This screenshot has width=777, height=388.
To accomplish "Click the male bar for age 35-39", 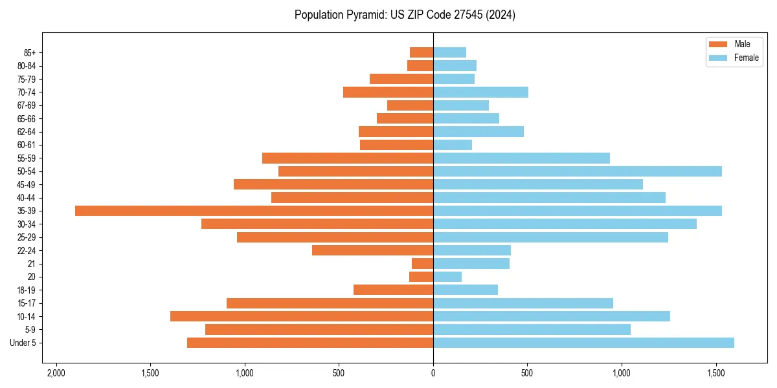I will (x=254, y=211).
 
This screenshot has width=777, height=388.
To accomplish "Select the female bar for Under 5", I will (x=583, y=343).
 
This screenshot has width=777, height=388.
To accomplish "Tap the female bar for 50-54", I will (x=577, y=171).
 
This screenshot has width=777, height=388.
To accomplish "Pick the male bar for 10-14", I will (x=302, y=316).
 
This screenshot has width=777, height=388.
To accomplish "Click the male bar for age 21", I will (x=422, y=264).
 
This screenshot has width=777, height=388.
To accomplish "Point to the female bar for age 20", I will (x=447, y=277).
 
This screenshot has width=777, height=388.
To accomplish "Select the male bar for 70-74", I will (x=388, y=92).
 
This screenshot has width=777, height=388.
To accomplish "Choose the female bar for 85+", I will (x=449, y=52).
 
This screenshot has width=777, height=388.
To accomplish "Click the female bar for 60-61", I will (x=453, y=145).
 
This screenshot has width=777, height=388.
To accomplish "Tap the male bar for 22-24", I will (x=372, y=250).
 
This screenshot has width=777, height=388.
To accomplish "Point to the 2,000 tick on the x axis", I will (x=56, y=373).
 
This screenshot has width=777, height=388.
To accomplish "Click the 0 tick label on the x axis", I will (x=433, y=373).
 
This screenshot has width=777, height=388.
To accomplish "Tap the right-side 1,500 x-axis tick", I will (x=715, y=373).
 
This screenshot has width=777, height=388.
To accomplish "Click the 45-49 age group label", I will (x=27, y=184).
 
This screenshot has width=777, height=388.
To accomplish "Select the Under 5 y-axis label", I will (x=23, y=343).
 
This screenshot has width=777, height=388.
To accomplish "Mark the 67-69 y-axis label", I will (x=27, y=105).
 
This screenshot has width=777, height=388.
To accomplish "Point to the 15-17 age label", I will (x=27, y=303).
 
